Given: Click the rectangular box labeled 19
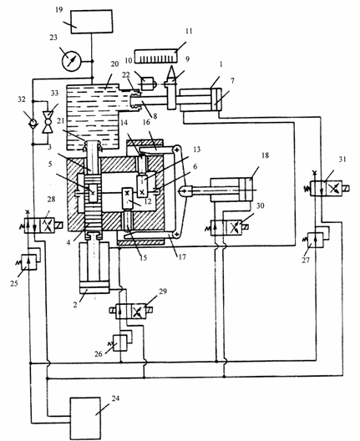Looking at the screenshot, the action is [91, 22].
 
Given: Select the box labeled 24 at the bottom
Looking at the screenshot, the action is [85, 418].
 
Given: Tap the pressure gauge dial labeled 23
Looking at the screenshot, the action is [71, 61].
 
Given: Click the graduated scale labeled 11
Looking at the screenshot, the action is [156, 57].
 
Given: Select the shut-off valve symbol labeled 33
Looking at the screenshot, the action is [47, 122].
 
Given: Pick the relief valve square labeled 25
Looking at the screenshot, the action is [29, 261].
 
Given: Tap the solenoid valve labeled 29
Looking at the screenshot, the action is [131, 311].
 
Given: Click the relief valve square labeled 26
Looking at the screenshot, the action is [120, 342].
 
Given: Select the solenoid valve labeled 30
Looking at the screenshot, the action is [226, 227].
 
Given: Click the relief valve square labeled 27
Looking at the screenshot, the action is [316, 240].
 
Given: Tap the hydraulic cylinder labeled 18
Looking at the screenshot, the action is [231, 190].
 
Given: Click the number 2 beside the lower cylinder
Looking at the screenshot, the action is [75, 305].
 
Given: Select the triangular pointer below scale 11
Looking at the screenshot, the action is [171, 73].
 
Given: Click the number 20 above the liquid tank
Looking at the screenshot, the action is [114, 64].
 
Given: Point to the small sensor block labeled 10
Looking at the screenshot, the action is [148, 83].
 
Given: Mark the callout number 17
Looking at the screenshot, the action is [182, 256].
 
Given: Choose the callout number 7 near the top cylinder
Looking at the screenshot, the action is [232, 81].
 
